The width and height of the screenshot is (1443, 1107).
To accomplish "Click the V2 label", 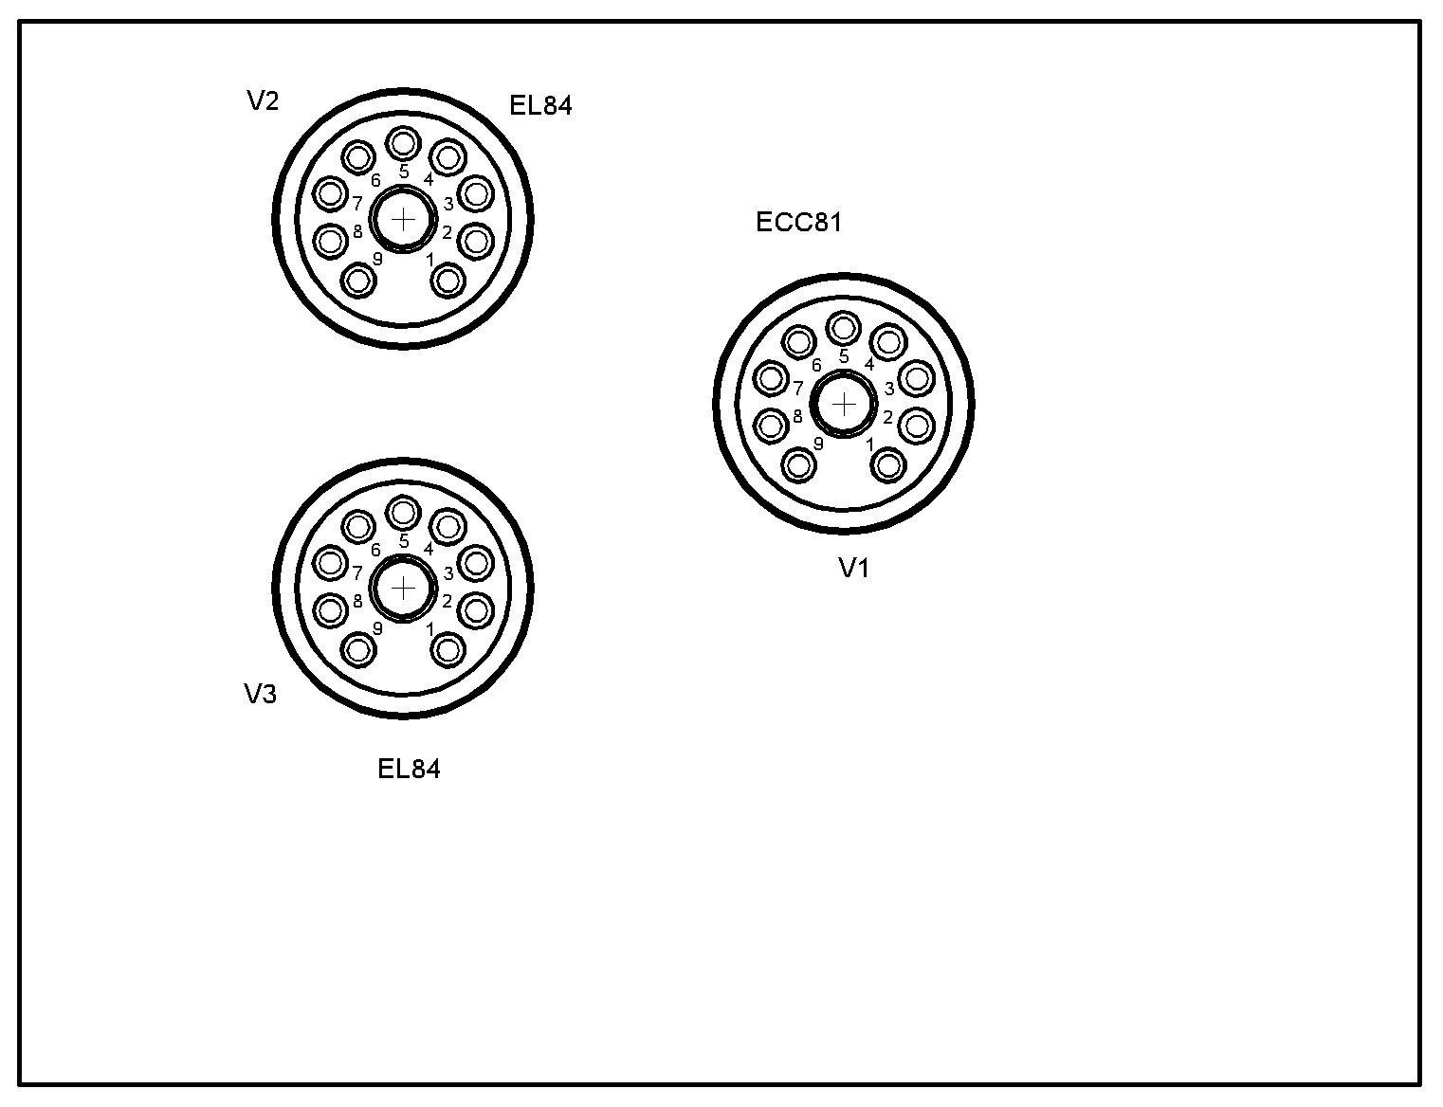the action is (x=263, y=100).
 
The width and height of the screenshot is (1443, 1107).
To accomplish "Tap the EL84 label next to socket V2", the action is (x=540, y=105).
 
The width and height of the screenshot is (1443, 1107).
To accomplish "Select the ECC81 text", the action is (x=799, y=223).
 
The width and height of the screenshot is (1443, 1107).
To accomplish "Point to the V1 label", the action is (x=854, y=568).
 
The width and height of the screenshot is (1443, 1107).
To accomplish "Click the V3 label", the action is (x=261, y=694).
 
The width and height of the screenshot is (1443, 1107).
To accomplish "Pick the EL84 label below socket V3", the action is (x=409, y=770).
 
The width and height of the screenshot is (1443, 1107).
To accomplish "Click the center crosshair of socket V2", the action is (x=403, y=219).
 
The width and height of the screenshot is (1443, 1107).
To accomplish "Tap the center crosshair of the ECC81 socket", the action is (x=844, y=404).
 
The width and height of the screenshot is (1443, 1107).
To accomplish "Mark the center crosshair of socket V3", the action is (x=403, y=588).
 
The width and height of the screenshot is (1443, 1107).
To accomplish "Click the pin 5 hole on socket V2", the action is (x=403, y=143).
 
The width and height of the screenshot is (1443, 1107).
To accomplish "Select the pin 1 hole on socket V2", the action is (x=448, y=281).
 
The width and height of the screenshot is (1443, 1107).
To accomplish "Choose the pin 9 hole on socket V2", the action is (x=358, y=281).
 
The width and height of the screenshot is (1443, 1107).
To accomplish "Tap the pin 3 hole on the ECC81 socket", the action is (x=917, y=379).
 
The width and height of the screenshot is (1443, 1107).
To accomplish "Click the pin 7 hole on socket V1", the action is (x=771, y=379).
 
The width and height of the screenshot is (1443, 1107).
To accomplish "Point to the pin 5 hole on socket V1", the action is (x=844, y=327).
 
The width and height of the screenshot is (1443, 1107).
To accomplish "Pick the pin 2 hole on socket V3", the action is (x=476, y=610).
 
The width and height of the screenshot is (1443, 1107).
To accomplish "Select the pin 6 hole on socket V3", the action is (x=358, y=527).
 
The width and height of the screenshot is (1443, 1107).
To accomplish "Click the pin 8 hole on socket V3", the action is (x=330, y=610).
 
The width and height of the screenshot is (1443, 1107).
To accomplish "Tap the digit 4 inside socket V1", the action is (x=869, y=364).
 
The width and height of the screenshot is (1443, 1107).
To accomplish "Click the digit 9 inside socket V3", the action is (x=377, y=627).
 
